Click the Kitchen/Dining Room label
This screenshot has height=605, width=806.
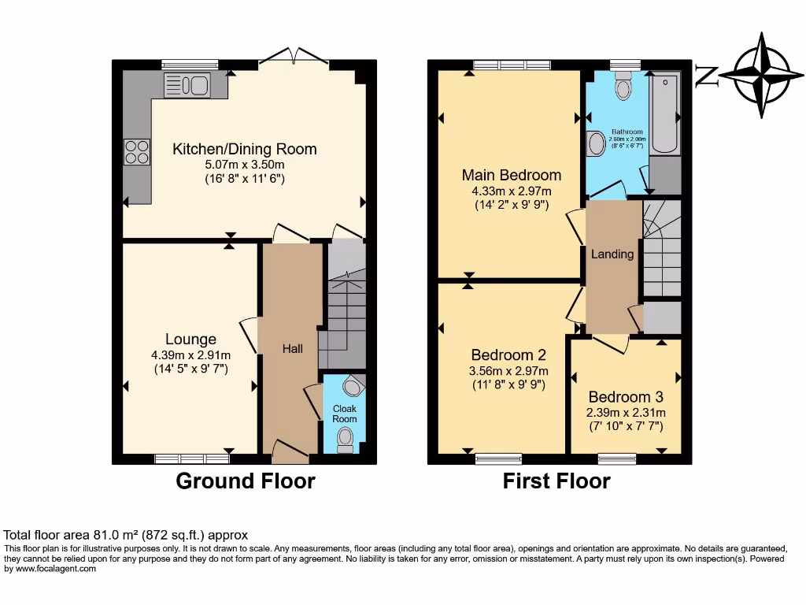[x=245, y=149]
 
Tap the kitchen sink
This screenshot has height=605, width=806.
[x=186, y=85]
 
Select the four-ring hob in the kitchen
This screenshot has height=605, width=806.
[x=137, y=151]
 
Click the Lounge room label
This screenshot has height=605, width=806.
[x=190, y=340]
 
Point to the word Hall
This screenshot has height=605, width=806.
[x=293, y=348]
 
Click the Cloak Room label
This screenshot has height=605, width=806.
[x=344, y=414]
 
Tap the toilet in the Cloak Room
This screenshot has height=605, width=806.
[x=345, y=441]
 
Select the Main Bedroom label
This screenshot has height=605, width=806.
[x=512, y=175]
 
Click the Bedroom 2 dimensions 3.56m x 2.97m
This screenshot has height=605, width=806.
[x=509, y=371]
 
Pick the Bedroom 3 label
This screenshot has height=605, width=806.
[x=626, y=396]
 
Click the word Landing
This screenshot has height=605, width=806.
[x=612, y=254]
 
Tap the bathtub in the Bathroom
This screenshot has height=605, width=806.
[x=666, y=114]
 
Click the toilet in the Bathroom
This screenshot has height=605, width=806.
[x=624, y=86]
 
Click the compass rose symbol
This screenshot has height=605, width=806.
[x=760, y=76]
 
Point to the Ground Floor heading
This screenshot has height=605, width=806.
[x=245, y=481]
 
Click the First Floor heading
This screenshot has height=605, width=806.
[x=556, y=481]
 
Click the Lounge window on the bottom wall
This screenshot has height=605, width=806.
[x=191, y=458]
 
